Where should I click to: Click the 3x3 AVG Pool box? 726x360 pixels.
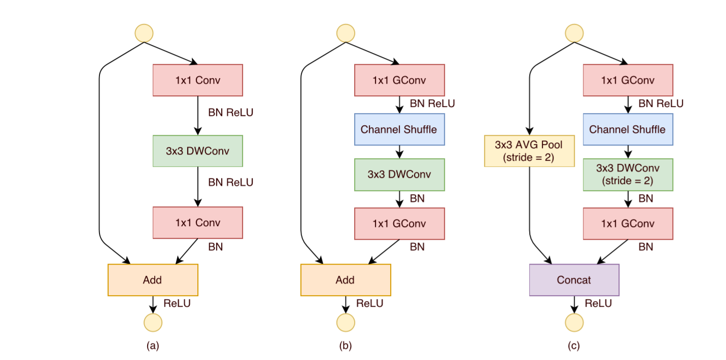pos(529,151)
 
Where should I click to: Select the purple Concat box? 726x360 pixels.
pos(574,280)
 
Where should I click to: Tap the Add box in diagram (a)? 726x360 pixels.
pos(153,280)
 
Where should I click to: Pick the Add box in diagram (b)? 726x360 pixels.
pos(345,280)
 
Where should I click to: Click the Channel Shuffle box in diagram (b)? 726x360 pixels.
pos(399,129)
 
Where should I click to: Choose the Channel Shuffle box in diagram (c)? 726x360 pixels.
pos(628,129)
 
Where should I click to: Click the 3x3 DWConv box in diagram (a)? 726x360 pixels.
pos(198,151)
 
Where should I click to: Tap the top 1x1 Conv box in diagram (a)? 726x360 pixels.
pos(198,80)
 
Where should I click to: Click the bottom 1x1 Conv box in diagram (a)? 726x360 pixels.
pos(198,223)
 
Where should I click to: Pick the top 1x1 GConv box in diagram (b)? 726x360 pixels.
pos(399,80)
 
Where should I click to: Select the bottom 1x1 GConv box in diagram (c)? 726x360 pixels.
pos(628,224)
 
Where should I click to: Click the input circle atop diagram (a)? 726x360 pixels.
pos(144,32)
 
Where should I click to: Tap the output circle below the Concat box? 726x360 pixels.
pos(575,322)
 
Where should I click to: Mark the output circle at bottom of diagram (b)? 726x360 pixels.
pos(347,322)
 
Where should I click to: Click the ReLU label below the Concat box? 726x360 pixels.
pos(598,304)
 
